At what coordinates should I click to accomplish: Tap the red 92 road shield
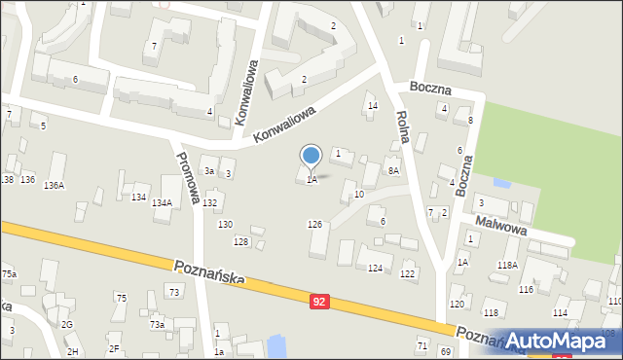coord(320,303)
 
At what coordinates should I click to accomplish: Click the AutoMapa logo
coord(563,341)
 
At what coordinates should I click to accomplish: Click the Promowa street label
coord(188,178)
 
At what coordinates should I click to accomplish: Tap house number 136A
coord(55,185)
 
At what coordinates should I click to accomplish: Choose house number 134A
coord(162,202)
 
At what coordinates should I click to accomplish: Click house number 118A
coord(507,265)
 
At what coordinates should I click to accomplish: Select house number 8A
coord(393,170)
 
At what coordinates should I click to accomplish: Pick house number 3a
coord(208,170)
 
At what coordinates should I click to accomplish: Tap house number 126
coord(314,225)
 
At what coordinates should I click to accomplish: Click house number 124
coord(375,268)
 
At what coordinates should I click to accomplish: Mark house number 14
coord(371,105)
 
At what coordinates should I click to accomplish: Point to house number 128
coord(241,241)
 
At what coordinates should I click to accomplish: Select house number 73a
coord(157,324)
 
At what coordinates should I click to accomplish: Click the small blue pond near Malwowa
coord(501,183)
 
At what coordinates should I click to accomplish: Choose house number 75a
coord(9,274)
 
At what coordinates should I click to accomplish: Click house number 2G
coord(67,324)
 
